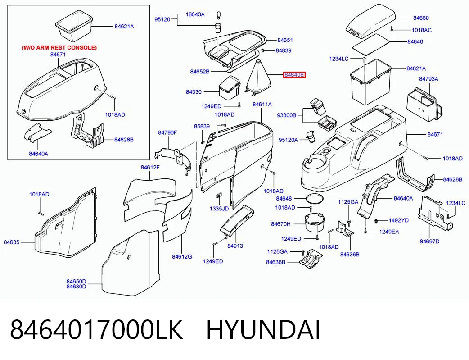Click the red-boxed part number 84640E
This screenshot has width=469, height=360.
(x=294, y=75)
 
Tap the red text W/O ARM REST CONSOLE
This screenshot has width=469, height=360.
(x=59, y=48)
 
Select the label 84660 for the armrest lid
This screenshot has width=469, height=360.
(x=421, y=18)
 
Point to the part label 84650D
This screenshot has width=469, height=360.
(x=76, y=282)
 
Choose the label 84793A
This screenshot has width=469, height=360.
(x=428, y=79)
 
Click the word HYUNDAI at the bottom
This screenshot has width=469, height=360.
(x=263, y=329)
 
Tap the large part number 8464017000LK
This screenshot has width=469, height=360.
(x=96, y=329)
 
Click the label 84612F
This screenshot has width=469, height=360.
(x=150, y=168)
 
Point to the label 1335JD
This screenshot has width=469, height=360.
(x=219, y=209)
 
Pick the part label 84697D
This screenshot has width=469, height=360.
(x=429, y=242)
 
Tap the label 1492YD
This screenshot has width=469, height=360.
(x=398, y=220)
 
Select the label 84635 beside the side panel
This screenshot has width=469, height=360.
(x=11, y=242)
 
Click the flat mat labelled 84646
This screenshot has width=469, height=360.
(x=370, y=43)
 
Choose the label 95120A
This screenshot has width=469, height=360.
(x=288, y=140)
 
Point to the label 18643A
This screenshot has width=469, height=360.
(x=195, y=14)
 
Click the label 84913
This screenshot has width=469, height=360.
(x=235, y=246)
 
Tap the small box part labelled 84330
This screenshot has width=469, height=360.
(x=230, y=87)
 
